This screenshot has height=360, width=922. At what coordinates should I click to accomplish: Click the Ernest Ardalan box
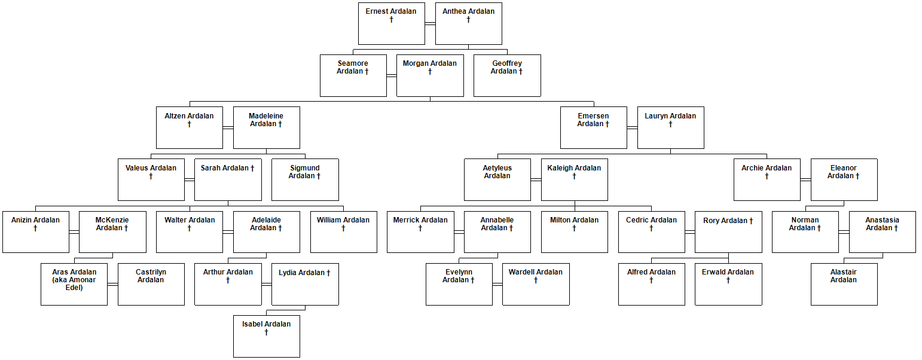click(x=392, y=23)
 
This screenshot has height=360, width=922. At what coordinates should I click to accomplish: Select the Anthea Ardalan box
click(x=468, y=23)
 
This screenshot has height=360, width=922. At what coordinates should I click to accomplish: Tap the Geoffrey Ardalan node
click(x=507, y=75)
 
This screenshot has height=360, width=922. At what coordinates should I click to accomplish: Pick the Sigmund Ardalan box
click(x=305, y=179)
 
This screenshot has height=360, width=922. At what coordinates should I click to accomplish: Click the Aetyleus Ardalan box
click(x=497, y=179)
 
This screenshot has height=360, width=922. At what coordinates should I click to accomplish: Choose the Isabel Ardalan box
click(x=267, y=336)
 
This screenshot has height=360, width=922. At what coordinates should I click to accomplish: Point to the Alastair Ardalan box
click(x=844, y=284)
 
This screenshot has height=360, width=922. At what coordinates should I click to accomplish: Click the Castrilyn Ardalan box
click(x=151, y=284)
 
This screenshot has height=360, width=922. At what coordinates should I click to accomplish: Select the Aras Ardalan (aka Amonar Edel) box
click(x=74, y=284)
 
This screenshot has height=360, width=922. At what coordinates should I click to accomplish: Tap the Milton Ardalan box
click(x=575, y=231)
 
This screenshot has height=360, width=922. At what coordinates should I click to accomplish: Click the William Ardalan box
click(x=343, y=231)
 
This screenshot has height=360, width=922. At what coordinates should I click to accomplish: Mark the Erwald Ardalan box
click(x=728, y=284)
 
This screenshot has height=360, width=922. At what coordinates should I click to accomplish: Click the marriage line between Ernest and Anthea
click(x=430, y=23)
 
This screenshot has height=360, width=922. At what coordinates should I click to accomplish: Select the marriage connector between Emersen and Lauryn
click(x=632, y=127)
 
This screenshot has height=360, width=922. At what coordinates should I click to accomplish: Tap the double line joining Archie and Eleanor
click(x=805, y=179)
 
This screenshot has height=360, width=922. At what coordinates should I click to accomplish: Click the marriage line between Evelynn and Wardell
click(x=497, y=284)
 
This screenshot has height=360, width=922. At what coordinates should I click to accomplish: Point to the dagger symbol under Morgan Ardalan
click(x=430, y=71)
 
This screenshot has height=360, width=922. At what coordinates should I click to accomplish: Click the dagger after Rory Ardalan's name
click(x=751, y=221)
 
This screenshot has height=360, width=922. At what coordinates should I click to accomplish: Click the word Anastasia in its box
click(x=882, y=220)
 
